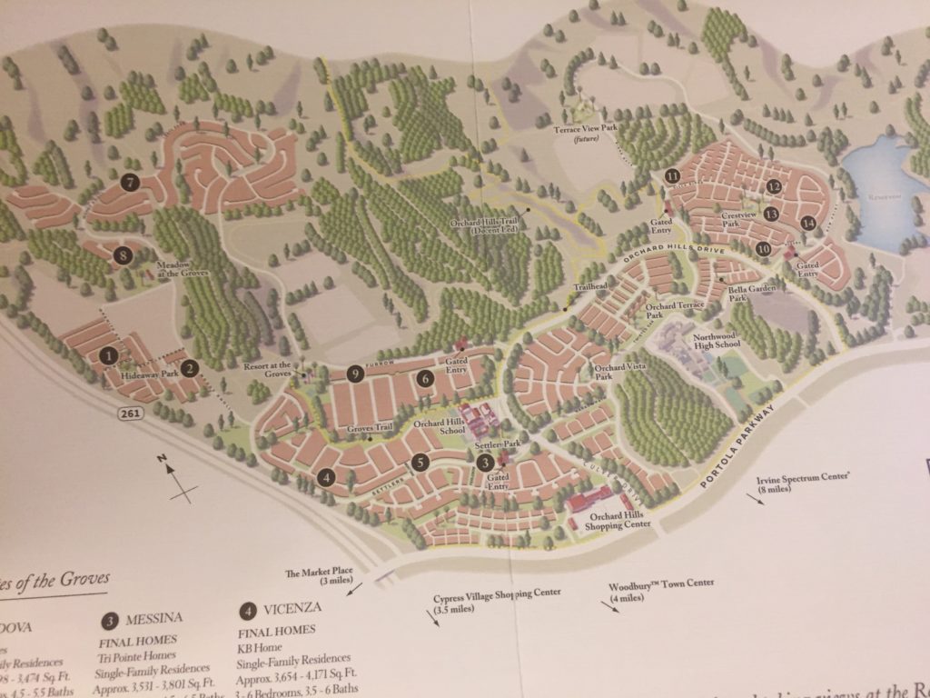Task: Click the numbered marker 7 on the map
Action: click(x=132, y=182)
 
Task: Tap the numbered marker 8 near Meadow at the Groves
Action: click(x=124, y=255)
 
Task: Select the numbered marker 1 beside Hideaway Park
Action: click(x=110, y=355)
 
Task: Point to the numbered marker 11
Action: click(x=672, y=176)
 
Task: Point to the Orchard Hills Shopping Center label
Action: click(x=618, y=520)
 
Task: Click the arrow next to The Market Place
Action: click(x=352, y=589)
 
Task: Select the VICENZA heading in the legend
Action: click(x=287, y=610)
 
